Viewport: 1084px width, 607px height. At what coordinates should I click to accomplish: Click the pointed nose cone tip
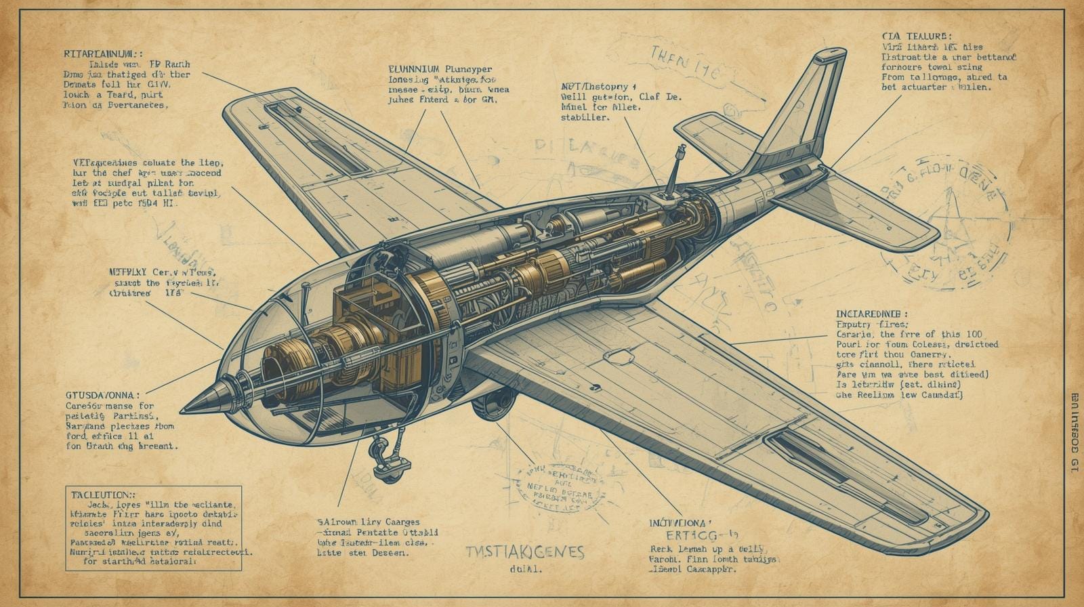(x=184, y=409)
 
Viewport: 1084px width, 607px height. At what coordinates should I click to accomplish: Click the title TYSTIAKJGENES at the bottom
(x=526, y=552)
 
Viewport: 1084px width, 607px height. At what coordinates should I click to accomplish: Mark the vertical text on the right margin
(x=1074, y=433)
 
